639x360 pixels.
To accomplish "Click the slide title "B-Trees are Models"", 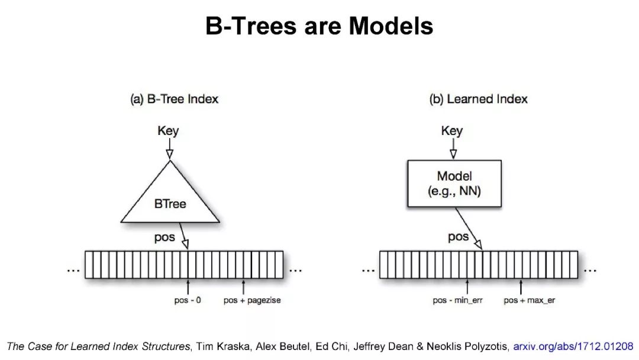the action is point(319,25).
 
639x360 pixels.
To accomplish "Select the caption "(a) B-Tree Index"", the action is point(174,99).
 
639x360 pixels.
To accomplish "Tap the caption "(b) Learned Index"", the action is point(478,99).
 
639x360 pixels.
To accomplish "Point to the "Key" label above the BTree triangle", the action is point(168,130).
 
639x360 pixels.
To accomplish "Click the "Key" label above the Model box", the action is point(452,130).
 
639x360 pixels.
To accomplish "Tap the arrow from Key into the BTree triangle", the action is point(170,149).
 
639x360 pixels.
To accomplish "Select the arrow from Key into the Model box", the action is point(453,149).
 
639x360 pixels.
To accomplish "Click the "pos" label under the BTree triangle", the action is point(165,237).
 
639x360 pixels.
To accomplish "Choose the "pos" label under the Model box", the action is point(459,237).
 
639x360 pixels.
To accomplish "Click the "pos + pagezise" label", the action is point(252,300).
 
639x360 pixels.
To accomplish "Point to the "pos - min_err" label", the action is point(458,300).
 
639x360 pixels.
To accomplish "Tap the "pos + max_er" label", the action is point(530,300).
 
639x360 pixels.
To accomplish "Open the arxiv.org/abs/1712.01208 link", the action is point(573,346).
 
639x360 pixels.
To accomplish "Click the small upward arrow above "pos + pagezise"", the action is point(244,287).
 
